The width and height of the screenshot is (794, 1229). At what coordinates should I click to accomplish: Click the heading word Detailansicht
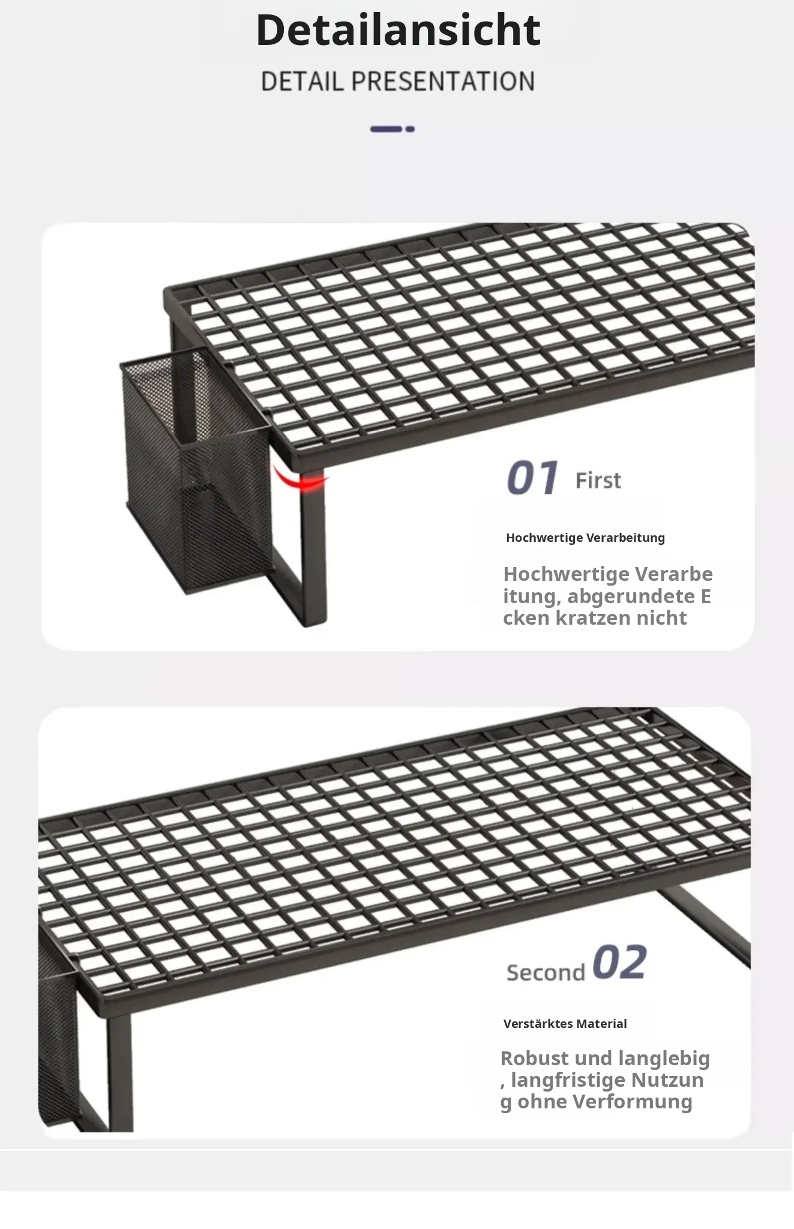coord(398,29)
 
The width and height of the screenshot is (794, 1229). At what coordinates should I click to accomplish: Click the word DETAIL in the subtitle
coord(302,82)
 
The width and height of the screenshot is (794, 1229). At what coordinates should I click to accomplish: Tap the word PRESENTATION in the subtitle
coord(443,82)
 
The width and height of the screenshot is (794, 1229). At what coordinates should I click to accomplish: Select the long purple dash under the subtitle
coord(386,129)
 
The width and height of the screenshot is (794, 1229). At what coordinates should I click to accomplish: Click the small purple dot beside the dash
coord(410,129)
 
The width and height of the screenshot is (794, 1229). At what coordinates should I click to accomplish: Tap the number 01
coord(532,478)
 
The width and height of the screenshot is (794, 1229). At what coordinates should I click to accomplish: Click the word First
coord(598,481)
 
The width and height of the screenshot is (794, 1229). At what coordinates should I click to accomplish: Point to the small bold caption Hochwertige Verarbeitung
coord(585,538)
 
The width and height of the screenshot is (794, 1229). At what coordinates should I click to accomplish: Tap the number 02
coord(619,963)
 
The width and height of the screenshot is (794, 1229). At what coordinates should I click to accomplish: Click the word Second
coord(546,972)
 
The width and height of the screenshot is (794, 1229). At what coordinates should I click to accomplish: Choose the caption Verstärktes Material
coord(565,1024)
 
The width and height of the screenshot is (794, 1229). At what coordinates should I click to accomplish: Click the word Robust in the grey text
coord(534,1059)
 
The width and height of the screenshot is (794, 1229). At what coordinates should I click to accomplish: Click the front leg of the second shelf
coord(119,1072)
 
